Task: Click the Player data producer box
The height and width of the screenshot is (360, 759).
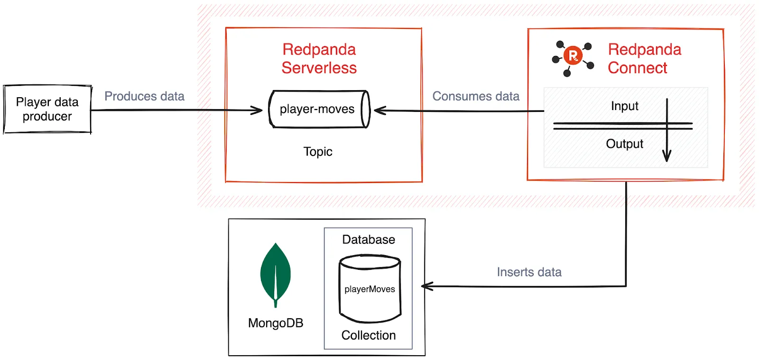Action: point(47,109)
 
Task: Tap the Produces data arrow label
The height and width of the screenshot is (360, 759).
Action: point(144,96)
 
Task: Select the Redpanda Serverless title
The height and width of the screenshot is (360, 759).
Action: point(319,58)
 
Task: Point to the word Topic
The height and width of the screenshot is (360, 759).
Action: point(318,152)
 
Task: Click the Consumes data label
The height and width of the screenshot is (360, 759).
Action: point(476,96)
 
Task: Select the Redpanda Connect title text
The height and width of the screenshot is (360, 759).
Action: point(644,58)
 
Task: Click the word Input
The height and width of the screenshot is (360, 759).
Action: point(624,106)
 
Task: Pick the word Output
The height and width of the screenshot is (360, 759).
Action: point(624,144)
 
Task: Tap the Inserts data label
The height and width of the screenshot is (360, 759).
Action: point(529,272)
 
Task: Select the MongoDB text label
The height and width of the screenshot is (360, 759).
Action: point(276,323)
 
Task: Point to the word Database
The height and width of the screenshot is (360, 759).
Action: point(369,240)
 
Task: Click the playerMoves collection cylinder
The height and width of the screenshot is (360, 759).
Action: point(370,289)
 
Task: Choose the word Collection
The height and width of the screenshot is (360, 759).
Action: point(369,335)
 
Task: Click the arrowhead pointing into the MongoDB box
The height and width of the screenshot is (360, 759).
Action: point(426,286)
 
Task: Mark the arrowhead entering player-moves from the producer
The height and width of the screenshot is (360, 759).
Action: point(258,111)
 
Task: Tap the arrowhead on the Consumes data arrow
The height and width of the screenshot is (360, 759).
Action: point(379,111)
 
